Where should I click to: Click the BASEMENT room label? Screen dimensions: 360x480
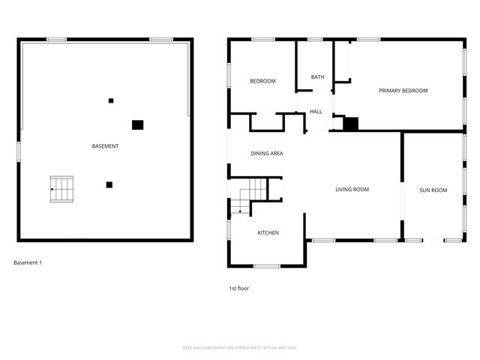point(105,145)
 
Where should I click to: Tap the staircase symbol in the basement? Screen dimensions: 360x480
point(64,189)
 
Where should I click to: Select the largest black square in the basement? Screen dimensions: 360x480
point(137,125)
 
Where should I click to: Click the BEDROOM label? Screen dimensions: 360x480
point(262,81)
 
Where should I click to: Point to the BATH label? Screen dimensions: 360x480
point(318,76)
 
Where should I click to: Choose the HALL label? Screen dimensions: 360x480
point(316,112)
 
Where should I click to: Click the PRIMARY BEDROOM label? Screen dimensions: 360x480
point(403,91)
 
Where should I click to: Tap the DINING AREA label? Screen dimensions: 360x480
point(266,153)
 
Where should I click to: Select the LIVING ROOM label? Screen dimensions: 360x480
point(352,190)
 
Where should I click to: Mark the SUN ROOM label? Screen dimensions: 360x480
point(433,190)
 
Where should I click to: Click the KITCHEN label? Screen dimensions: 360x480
point(268,232)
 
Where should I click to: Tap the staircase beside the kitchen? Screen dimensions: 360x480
point(249,197)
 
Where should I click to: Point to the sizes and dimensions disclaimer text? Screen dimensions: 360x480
point(240,347)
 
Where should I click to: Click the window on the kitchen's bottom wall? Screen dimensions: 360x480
point(267,265)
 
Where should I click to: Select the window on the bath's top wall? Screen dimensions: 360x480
point(315,39)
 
